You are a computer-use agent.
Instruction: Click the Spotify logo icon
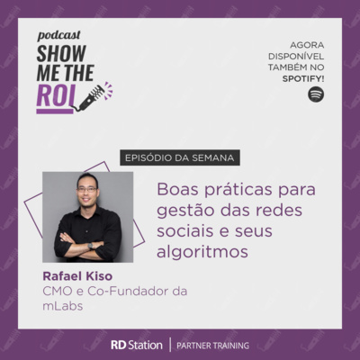click(x=316, y=94)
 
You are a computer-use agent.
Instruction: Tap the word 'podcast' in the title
click(x=59, y=35)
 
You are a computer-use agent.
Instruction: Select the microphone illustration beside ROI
click(x=94, y=96)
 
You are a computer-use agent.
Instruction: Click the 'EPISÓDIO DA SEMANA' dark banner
click(x=180, y=157)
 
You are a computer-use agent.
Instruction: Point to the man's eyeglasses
click(x=87, y=190)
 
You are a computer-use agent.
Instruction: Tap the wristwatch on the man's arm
click(x=91, y=246)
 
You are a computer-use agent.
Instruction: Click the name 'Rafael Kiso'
click(x=77, y=276)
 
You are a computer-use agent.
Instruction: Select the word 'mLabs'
click(x=63, y=306)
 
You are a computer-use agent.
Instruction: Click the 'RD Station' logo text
click(x=137, y=345)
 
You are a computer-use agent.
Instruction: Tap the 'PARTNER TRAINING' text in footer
click(x=212, y=346)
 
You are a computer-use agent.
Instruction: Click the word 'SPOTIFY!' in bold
click(x=303, y=78)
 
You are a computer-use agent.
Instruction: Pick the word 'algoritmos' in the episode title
click(x=202, y=251)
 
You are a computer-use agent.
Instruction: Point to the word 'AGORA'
click(x=307, y=45)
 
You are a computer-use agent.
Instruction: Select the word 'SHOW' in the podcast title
click(x=61, y=53)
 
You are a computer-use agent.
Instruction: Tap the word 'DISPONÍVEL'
click(x=296, y=57)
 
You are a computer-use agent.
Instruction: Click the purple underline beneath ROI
click(x=55, y=112)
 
